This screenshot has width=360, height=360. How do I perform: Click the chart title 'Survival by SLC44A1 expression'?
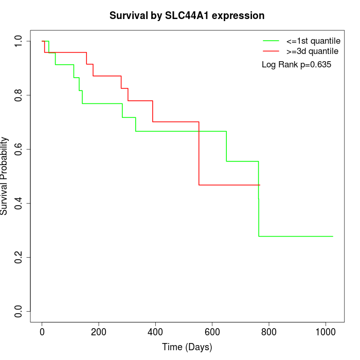pyautogui.click(x=187, y=16)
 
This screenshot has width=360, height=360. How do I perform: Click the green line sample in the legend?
pyautogui.click(x=271, y=41)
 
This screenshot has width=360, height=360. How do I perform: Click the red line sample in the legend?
pyautogui.click(x=271, y=51)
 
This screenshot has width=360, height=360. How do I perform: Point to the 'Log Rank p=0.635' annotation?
pyautogui.click(x=296, y=65)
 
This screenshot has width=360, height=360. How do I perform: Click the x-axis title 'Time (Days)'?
pyautogui.click(x=187, y=347)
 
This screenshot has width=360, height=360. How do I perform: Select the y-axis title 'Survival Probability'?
pyautogui.click(x=5, y=176)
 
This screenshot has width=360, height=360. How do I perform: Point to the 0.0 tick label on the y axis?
pyautogui.click(x=19, y=311)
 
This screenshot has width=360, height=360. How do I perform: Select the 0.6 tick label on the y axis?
pyautogui.click(x=19, y=149)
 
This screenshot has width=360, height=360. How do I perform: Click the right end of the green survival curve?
pyautogui.click(x=333, y=236)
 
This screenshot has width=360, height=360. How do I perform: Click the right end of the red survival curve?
pyautogui.click(x=260, y=185)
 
